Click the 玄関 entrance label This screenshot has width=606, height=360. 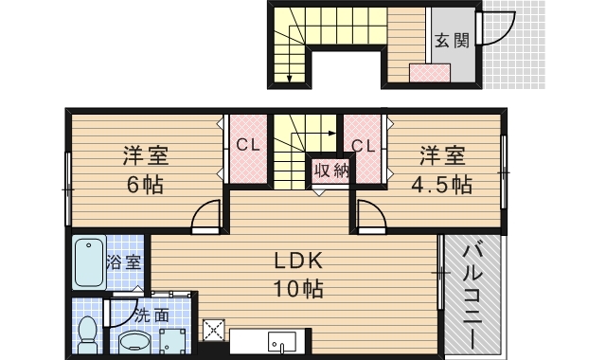(x=452, y=40)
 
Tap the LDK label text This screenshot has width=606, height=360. (x=298, y=261)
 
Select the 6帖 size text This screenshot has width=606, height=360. (x=145, y=185)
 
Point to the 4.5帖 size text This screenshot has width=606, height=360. (x=442, y=185)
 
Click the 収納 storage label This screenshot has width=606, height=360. (x=331, y=171)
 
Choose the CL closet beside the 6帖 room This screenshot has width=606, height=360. (x=248, y=145)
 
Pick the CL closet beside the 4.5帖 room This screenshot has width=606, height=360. (x=364, y=146)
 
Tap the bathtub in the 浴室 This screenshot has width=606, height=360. (x=90, y=263)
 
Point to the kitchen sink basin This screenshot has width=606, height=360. (x=282, y=342)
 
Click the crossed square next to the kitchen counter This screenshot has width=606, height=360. (x=214, y=330)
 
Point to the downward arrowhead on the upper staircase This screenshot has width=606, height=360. (x=289, y=79)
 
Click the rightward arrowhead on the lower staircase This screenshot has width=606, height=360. (x=332, y=134)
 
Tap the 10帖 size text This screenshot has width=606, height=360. (x=298, y=288)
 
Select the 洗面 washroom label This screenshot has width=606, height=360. (x=151, y=315)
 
